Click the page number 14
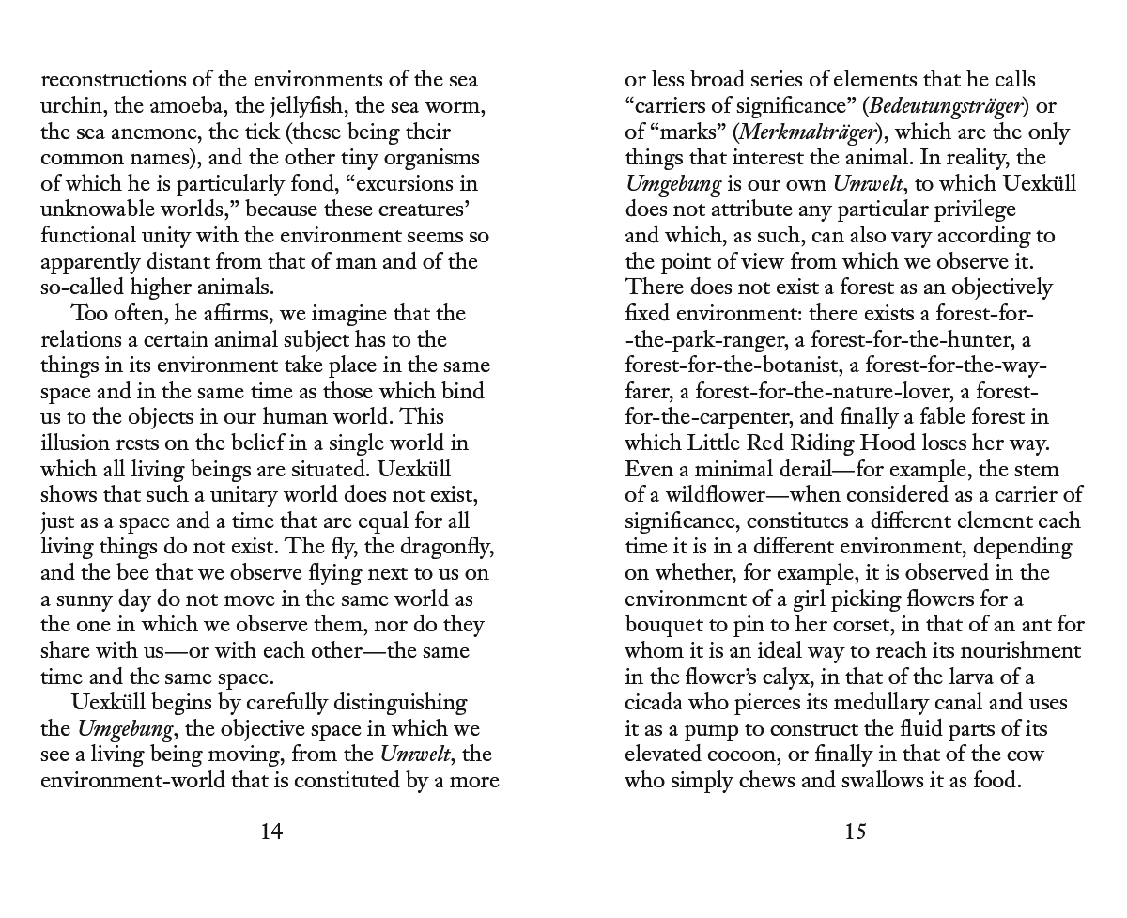pyautogui.click(x=271, y=832)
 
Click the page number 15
pyautogui.click(x=855, y=832)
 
